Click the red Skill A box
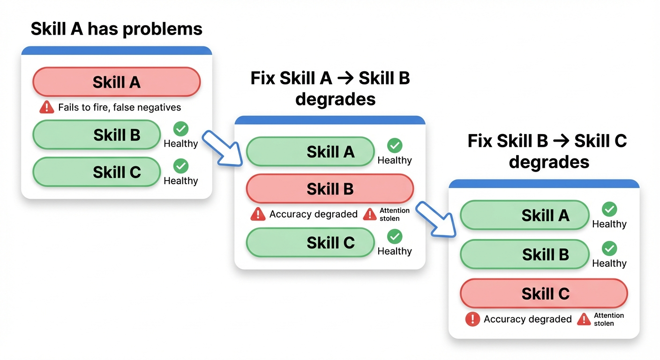(116, 82)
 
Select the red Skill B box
(330, 188)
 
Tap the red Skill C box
(544, 293)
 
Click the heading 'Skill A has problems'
(116, 29)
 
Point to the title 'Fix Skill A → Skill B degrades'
(330, 88)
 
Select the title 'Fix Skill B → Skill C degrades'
(547, 151)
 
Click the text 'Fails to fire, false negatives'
(119, 107)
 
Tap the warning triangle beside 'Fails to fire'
(47, 107)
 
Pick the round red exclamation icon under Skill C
(472, 319)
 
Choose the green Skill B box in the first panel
(97, 135)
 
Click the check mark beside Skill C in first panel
(180, 166)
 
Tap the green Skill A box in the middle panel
(310, 152)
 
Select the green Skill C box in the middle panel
(310, 243)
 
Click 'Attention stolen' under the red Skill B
(394, 214)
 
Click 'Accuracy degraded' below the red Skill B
(313, 214)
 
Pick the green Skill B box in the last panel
(525, 254)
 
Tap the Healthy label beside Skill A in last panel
(609, 224)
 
